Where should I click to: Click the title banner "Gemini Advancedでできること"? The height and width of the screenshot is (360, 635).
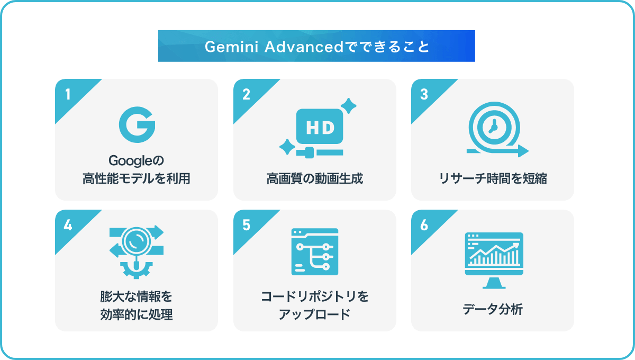[x=316, y=46]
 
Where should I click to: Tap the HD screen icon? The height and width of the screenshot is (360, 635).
[x=320, y=127]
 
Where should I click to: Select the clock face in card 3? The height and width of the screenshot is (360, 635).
[x=494, y=128]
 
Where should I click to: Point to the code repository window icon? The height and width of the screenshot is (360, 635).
[x=315, y=251]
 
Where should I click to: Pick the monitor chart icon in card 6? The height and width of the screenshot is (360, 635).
[x=494, y=260]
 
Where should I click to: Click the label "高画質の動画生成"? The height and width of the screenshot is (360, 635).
[x=315, y=179]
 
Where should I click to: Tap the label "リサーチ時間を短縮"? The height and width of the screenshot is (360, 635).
[x=493, y=179]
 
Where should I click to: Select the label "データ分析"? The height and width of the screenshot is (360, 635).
[x=493, y=309]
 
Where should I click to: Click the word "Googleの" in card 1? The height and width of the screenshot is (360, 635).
[x=137, y=161]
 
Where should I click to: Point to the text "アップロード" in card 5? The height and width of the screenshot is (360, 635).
[x=315, y=314]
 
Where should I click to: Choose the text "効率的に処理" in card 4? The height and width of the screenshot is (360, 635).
[x=137, y=314]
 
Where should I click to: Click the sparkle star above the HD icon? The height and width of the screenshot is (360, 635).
[x=348, y=106]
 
